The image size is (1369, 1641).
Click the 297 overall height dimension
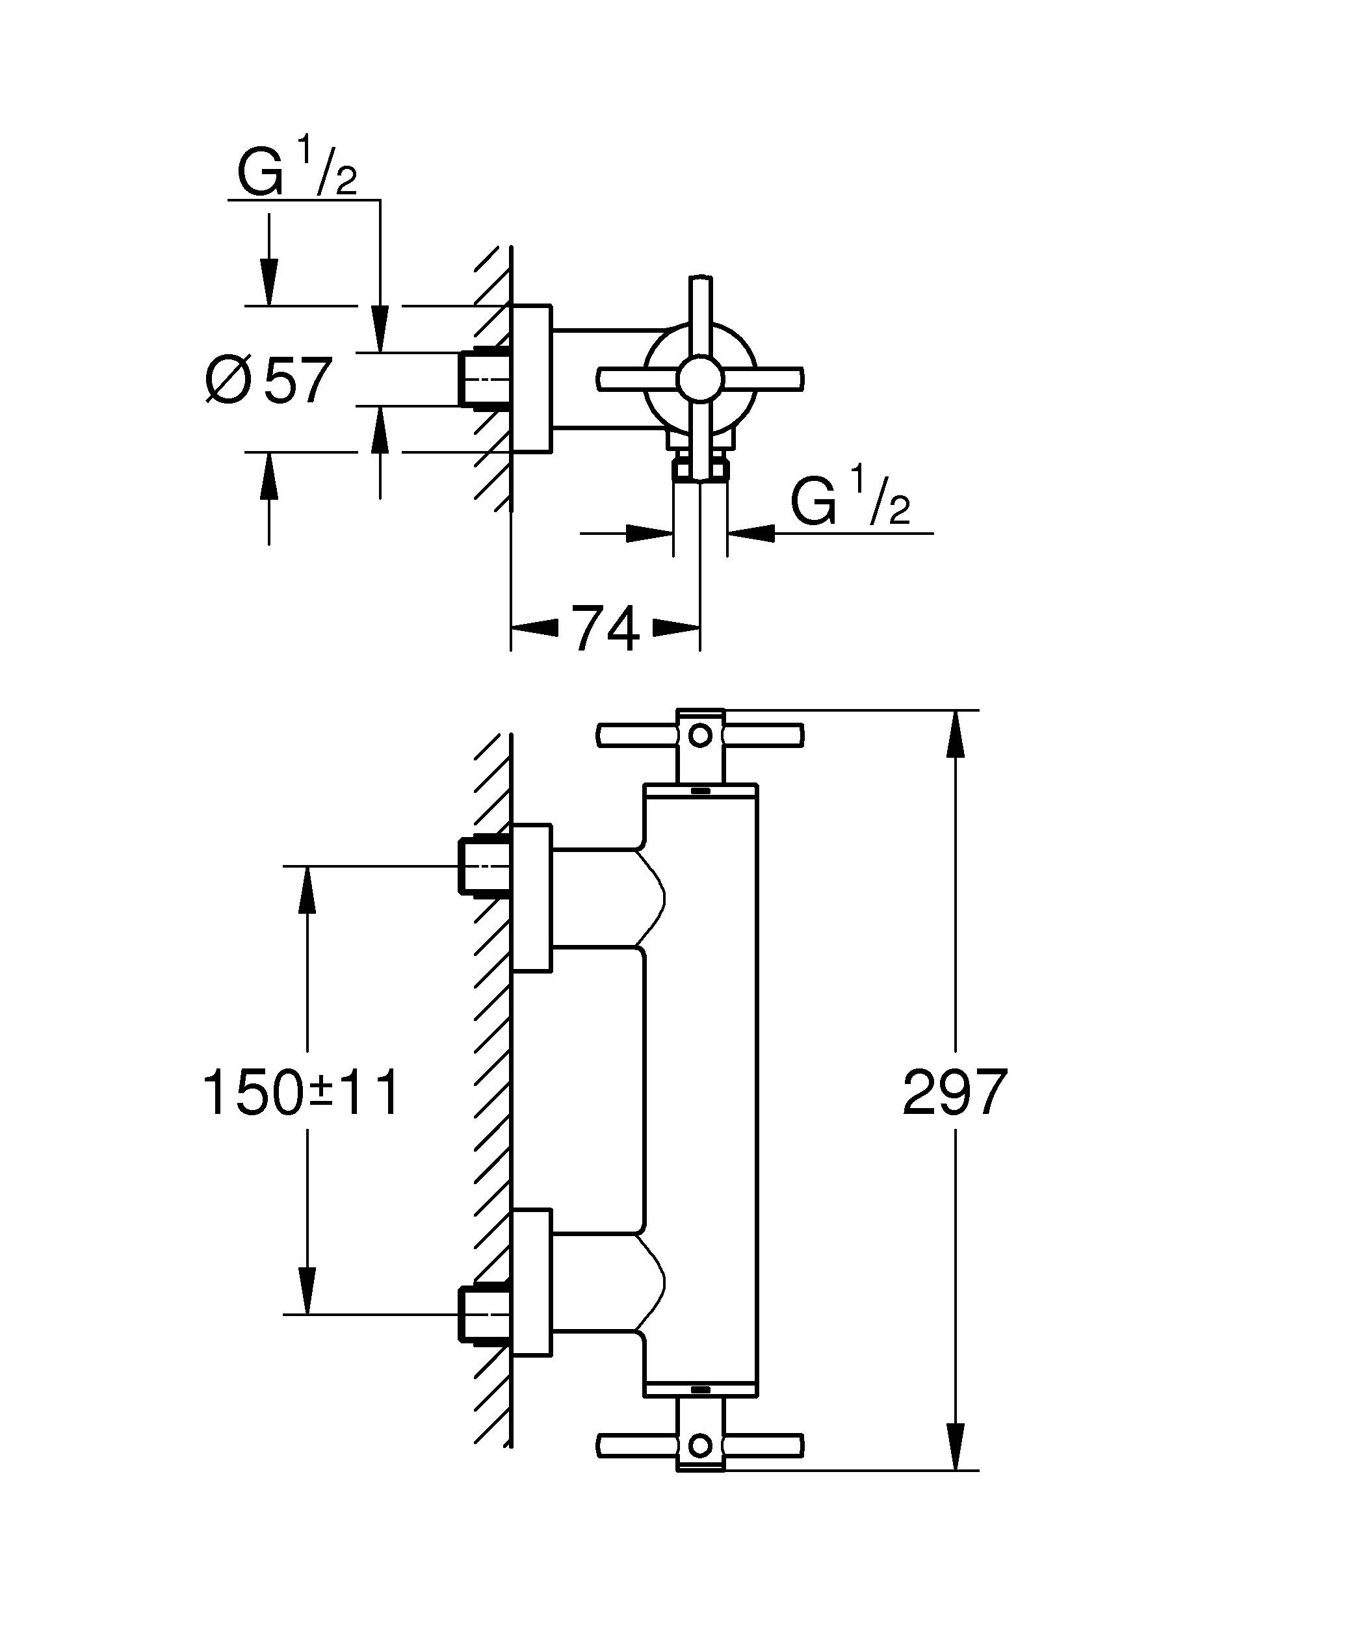955,1093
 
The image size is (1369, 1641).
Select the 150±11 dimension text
301,1093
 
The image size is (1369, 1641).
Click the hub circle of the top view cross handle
700,379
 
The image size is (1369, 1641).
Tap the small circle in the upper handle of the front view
700,734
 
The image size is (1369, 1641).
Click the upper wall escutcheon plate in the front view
531,897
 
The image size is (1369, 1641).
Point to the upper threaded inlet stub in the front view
483,866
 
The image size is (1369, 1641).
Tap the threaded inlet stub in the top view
483,378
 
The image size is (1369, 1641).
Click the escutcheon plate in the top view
531,378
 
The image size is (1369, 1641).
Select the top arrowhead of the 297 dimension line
955,734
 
